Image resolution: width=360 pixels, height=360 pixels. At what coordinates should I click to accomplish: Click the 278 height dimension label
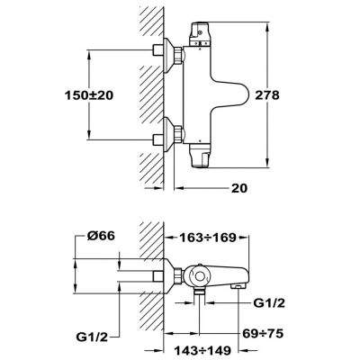point(267,95)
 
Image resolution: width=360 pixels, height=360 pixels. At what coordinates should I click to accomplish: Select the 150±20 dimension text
point(89,95)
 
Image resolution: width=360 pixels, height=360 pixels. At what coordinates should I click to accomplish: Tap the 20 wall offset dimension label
point(239,188)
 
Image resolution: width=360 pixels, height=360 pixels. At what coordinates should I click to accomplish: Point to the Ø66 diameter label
point(101,236)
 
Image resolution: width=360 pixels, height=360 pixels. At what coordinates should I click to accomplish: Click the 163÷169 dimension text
point(208,238)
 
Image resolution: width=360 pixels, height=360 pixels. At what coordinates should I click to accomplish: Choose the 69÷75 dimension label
point(263,333)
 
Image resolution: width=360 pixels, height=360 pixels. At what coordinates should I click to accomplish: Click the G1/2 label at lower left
point(92,337)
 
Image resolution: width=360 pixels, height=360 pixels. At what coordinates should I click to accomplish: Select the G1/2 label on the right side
point(269,303)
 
